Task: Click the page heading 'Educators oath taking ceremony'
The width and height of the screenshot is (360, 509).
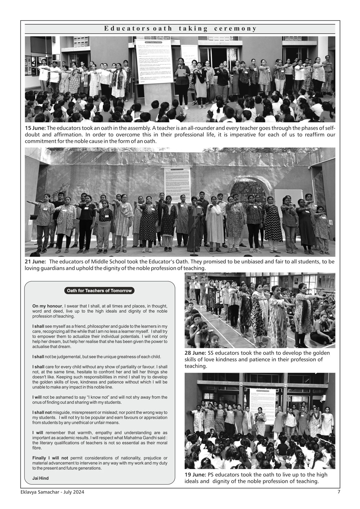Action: (180, 28)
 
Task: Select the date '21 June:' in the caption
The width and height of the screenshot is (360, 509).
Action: (35, 262)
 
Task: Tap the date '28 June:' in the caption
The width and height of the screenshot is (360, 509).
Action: (195, 353)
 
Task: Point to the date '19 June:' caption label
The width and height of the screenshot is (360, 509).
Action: (195, 475)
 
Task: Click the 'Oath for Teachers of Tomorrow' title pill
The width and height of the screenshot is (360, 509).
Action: (99, 291)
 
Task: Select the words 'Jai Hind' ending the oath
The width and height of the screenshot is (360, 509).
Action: (40, 478)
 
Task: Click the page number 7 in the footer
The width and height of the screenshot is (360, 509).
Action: (339, 492)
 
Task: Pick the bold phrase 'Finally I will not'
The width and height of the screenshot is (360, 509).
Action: (50, 458)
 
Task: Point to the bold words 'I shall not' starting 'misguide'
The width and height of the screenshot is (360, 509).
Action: (42, 412)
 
